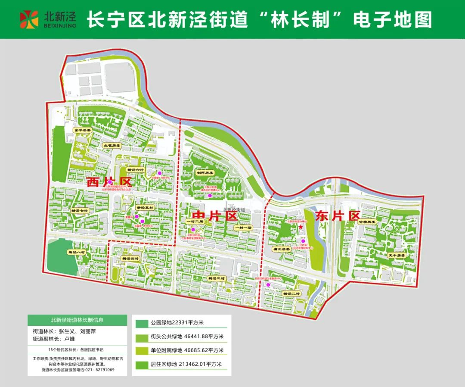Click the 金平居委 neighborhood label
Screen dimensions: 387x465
[82, 130]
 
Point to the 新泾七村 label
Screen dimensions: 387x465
[79, 210]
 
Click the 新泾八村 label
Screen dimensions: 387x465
[77, 252]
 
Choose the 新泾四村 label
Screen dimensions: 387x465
[130, 259]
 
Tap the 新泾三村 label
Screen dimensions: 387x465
[216, 278]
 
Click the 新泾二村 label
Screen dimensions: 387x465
[291, 293]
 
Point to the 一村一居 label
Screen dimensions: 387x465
[242, 227]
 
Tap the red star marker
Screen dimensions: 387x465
[301, 227]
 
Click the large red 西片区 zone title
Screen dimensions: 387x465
[108, 182]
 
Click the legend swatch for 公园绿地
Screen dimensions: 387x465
[141, 323]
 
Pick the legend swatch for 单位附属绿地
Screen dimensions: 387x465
[141, 350]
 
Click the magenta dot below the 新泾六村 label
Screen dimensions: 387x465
[160, 173]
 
